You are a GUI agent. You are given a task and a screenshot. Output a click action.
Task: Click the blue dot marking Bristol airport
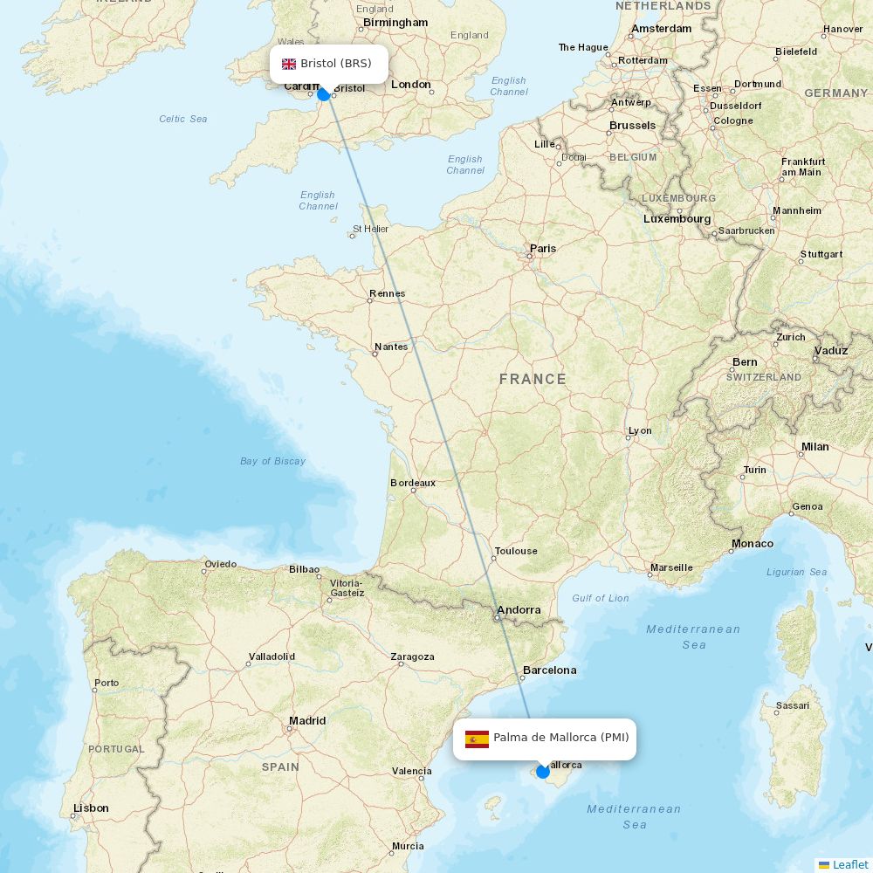coord(324,93)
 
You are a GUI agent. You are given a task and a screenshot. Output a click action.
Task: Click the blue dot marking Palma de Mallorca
coord(543,771)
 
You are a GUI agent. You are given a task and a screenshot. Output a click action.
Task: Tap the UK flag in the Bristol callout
coord(289,64)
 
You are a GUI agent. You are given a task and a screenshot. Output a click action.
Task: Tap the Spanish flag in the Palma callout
coord(477,739)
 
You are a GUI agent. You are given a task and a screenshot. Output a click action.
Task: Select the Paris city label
coord(542,249)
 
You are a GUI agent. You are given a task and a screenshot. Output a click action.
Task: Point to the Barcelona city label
coord(549,670)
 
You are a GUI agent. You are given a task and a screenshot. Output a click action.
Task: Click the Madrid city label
coord(307,721)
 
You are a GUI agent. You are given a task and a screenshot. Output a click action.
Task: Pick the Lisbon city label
coord(91,808)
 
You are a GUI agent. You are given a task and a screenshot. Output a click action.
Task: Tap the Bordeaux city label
coord(413,483)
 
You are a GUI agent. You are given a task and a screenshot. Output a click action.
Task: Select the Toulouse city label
coord(516,551)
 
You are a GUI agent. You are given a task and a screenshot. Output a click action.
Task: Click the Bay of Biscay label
coord(272,461)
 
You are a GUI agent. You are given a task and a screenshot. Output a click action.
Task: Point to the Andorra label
coord(519,610)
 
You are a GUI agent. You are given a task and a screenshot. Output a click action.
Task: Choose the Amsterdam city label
coord(661,29)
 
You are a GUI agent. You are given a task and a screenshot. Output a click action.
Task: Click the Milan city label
coord(815,447)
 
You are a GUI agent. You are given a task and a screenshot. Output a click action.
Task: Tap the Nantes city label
coord(391,347)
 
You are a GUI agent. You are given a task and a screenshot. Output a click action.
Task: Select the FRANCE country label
coord(533,379)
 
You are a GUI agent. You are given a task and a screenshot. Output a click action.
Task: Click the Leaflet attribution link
coord(849,864)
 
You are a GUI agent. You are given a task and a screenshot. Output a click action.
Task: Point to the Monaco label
coord(752,544)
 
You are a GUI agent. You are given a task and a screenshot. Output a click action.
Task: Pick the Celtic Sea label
coord(183,119)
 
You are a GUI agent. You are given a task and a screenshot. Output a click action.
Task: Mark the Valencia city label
coord(411,771)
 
